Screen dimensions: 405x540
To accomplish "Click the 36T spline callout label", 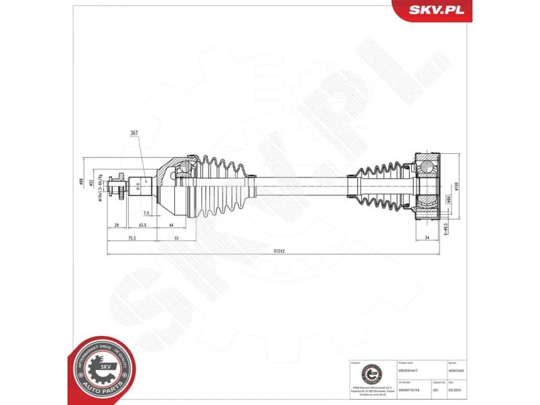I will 134,134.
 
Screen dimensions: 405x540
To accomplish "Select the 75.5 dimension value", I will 132,238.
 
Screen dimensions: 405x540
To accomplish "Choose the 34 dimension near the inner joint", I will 427,238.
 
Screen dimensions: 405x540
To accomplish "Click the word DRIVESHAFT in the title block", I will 410,370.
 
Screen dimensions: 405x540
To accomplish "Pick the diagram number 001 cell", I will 436,389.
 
